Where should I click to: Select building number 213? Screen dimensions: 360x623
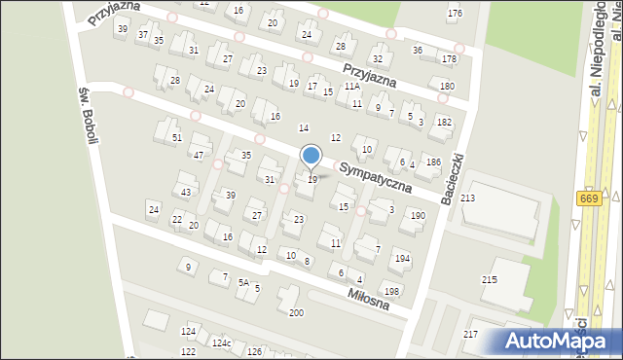tap(468, 198)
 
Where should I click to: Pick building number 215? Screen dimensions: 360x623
tap(489, 279)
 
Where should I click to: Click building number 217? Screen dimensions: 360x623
tap(470, 334)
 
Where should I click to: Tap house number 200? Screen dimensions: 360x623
tap(295, 312)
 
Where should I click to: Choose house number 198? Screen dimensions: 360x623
tap(391, 291)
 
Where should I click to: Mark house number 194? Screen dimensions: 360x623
tap(402, 259)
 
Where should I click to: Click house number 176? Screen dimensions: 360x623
tap(455, 13)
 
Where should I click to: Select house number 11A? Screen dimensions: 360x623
tap(351, 86)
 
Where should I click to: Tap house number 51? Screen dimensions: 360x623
tap(177, 137)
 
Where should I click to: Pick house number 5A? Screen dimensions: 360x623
tap(244, 282)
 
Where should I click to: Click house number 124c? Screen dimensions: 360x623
tap(223, 343)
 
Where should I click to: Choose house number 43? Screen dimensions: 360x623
tap(186, 192)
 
